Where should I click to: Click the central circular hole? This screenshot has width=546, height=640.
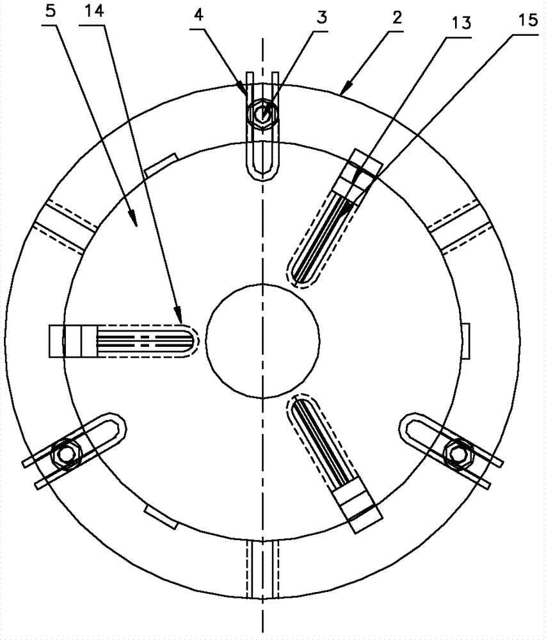[x=262, y=342]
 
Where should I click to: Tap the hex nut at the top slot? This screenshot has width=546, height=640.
[x=262, y=114]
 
